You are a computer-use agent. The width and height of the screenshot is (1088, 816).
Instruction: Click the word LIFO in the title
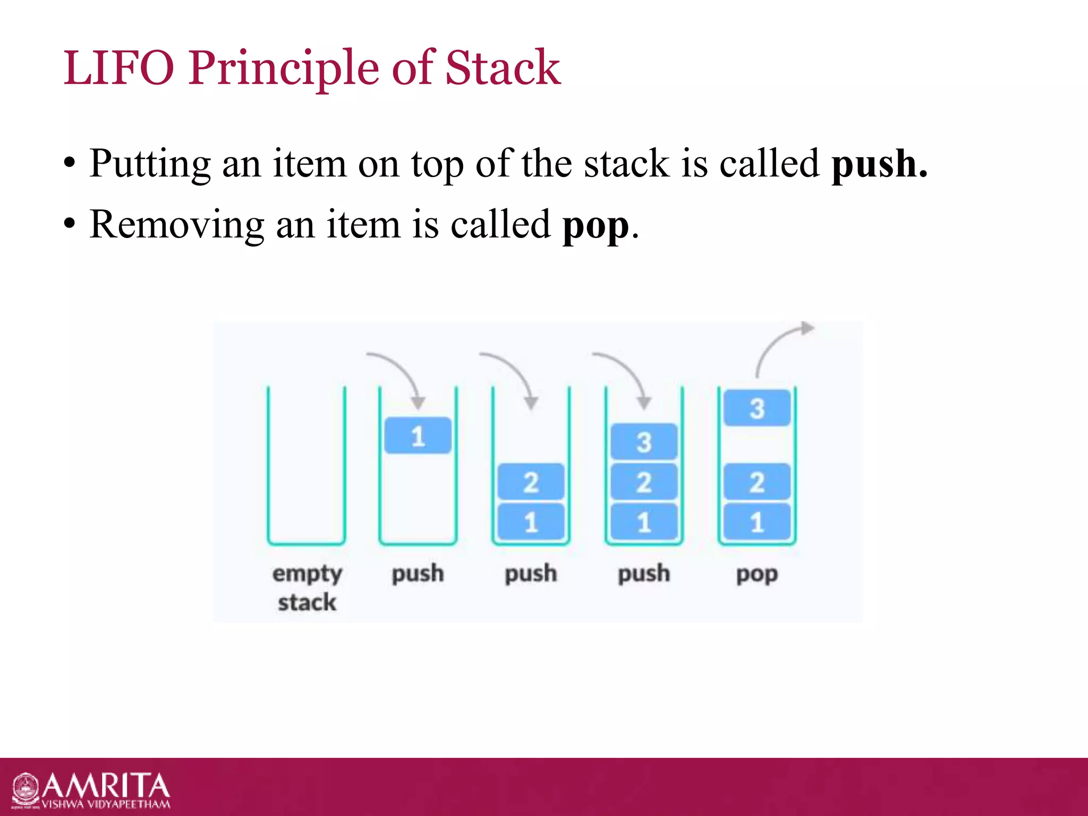click(x=118, y=68)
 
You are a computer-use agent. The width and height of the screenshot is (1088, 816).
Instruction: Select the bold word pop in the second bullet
click(x=596, y=225)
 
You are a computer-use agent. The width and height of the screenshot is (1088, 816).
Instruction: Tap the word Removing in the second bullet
click(x=177, y=224)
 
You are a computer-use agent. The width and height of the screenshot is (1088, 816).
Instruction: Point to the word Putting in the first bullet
click(x=150, y=164)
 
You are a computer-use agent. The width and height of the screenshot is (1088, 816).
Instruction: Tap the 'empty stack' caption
click(x=307, y=588)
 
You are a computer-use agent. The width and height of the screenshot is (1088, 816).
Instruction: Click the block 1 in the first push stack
click(x=418, y=436)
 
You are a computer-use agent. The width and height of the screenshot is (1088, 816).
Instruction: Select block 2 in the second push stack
click(x=531, y=482)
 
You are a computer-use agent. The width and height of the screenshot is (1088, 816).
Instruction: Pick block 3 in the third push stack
click(x=644, y=441)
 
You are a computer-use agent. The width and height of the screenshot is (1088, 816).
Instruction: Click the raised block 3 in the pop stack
click(x=757, y=408)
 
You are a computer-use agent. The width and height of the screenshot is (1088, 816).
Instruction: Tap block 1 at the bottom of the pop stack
click(x=757, y=522)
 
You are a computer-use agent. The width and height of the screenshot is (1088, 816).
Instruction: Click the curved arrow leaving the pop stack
click(x=781, y=343)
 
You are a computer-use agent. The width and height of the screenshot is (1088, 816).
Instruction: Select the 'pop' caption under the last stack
click(x=757, y=574)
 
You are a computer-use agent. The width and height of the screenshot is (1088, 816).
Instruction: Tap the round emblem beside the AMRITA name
click(x=25, y=790)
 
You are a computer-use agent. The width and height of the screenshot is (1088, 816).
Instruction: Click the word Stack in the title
click(x=503, y=68)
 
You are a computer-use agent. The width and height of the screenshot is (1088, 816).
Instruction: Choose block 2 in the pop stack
click(x=757, y=482)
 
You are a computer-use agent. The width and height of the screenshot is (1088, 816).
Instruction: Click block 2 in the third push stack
click(x=644, y=482)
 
